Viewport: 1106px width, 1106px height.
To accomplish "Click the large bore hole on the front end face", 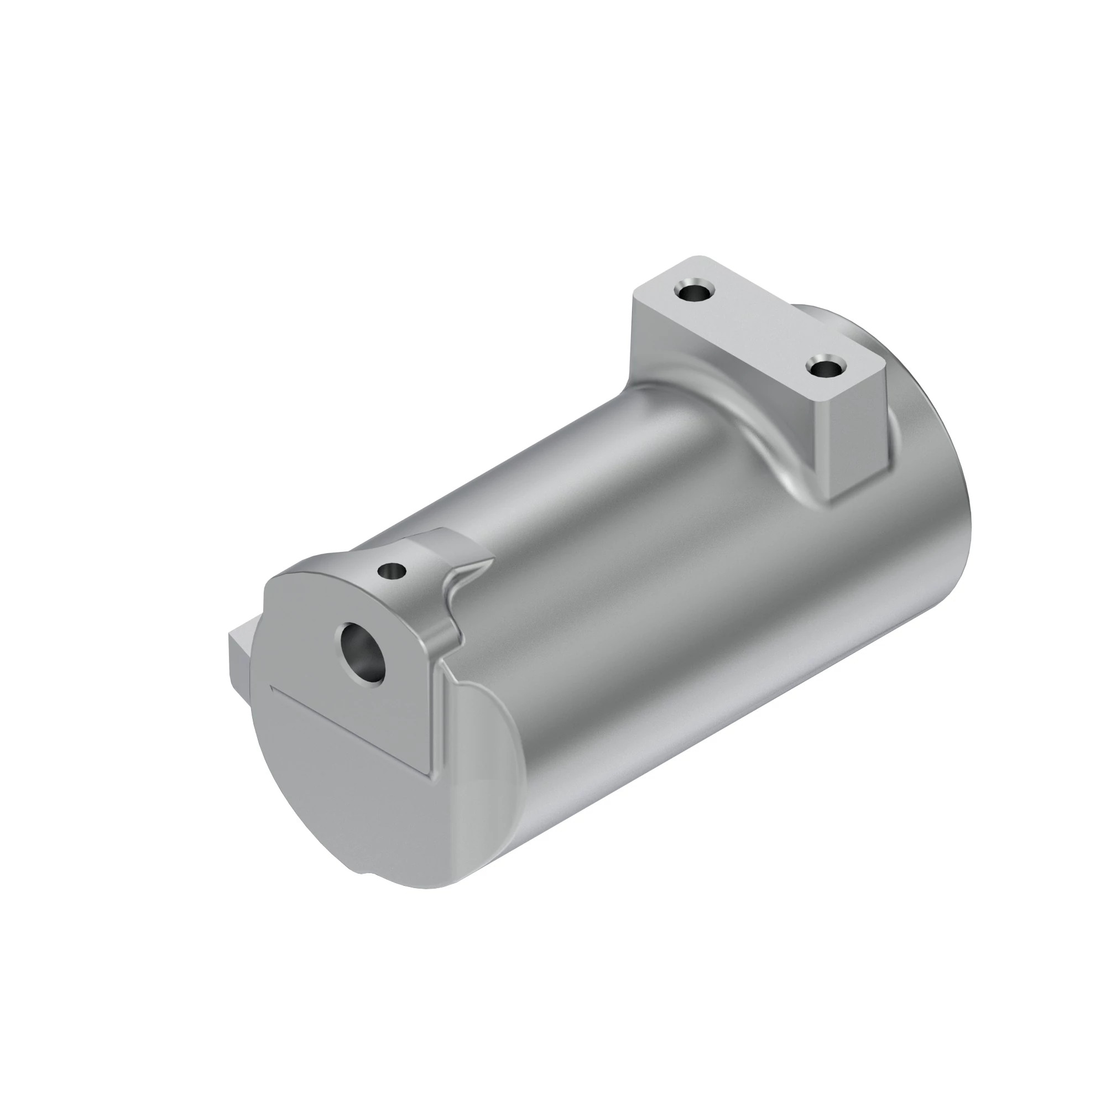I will point(362,653).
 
